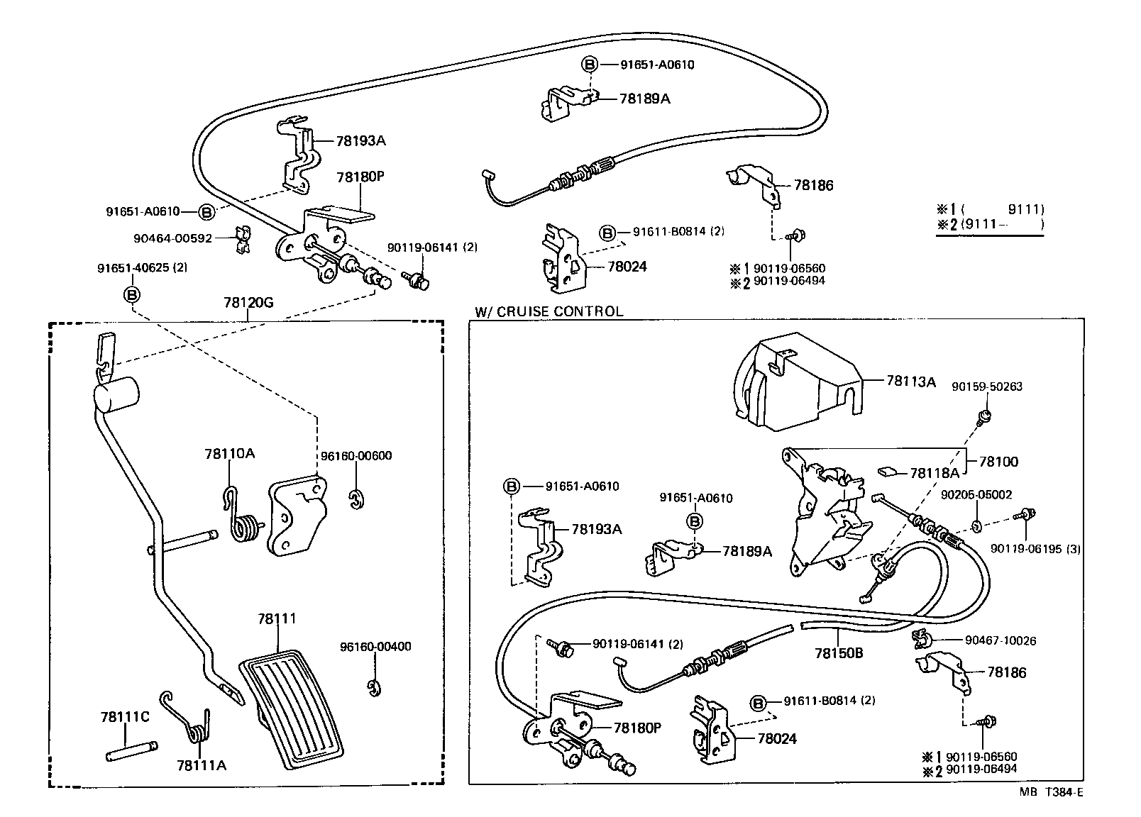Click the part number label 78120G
pyautogui.click(x=248, y=303)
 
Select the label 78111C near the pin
pyautogui.click(x=124, y=717)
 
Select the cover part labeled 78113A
pyautogui.click(x=795, y=387)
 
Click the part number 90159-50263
pyautogui.click(x=987, y=387)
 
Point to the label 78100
pyautogui.click(x=998, y=462)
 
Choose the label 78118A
pyautogui.click(x=934, y=473)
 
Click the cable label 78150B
pyautogui.click(x=838, y=653)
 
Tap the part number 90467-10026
pyautogui.click(x=1001, y=641)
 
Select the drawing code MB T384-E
pyautogui.click(x=1052, y=793)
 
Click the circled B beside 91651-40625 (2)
pyautogui.click(x=132, y=294)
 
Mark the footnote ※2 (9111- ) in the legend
pyautogui.click(x=990, y=225)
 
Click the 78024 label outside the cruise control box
pyautogui.click(x=627, y=267)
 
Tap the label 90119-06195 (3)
pyautogui.click(x=1035, y=548)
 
